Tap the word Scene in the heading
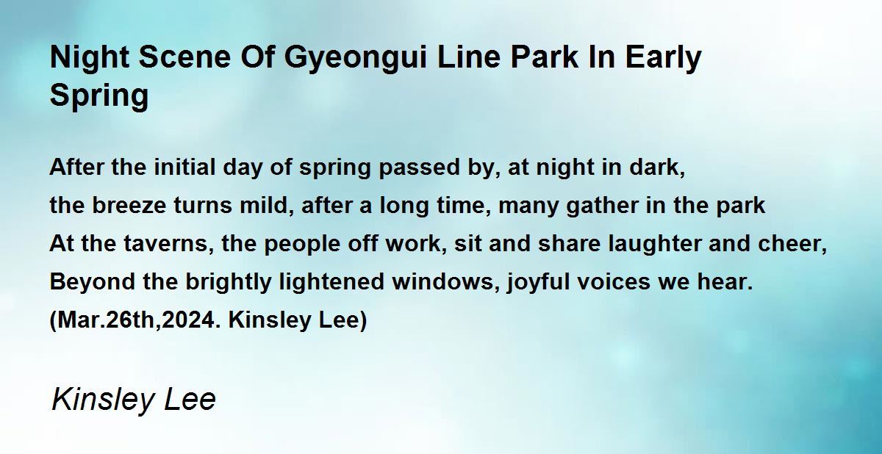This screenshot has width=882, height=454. tap(184, 57)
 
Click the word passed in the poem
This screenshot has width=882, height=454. tap(420, 168)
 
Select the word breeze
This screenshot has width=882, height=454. tap(129, 206)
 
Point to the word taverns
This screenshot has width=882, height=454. tap(169, 244)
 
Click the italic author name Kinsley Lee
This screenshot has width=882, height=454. tap(134, 400)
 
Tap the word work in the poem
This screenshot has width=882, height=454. tap(416, 244)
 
